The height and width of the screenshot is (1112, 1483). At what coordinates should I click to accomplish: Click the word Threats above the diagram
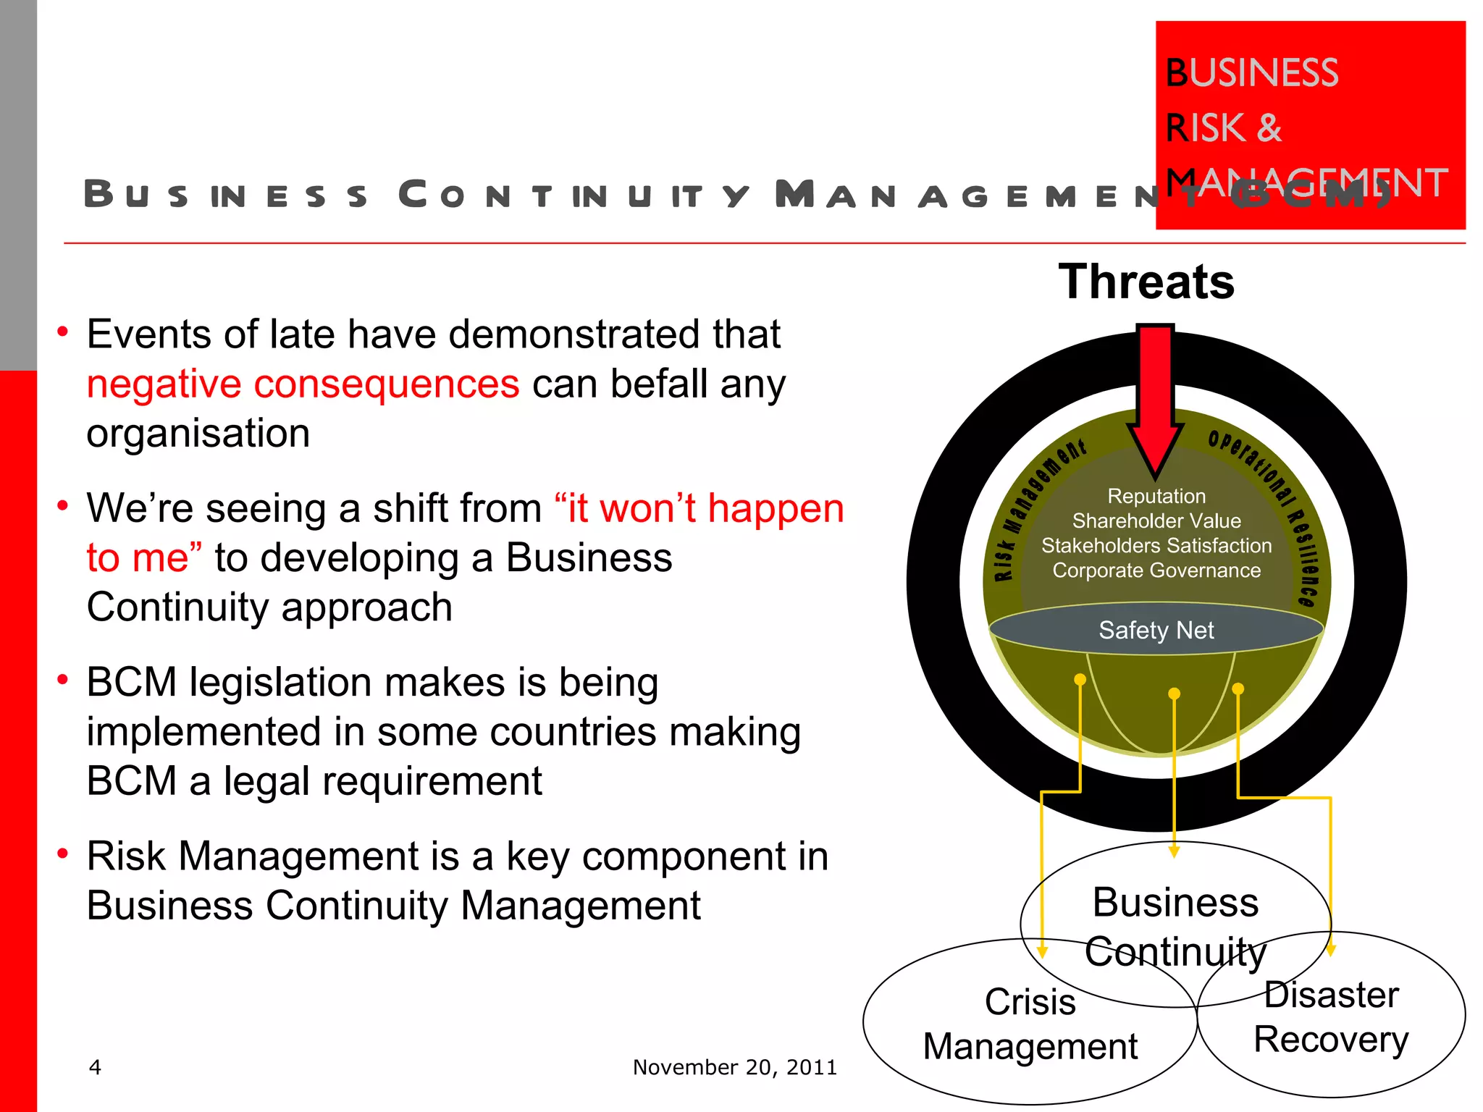(1146, 282)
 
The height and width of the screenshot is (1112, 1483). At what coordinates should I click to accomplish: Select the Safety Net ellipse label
(1156, 630)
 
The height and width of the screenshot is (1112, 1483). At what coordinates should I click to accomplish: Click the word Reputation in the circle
(1156, 496)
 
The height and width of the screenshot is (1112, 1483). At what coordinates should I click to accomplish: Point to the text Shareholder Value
(1156, 521)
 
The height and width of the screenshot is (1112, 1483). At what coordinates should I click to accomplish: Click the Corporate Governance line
(1156, 570)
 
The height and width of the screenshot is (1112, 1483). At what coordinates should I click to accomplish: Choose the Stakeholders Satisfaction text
(1156, 545)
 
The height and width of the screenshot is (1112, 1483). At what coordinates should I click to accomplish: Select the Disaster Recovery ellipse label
(1331, 1017)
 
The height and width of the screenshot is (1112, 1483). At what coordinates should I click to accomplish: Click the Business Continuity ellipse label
(1175, 927)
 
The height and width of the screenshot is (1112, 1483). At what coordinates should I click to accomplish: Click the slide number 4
(95, 1066)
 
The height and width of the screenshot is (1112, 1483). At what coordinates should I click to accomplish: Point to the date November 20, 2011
(734, 1067)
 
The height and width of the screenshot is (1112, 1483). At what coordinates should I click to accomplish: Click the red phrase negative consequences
(303, 384)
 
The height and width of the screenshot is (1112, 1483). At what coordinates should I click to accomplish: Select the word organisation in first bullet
(198, 433)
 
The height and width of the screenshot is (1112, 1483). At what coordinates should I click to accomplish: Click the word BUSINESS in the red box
(1252, 72)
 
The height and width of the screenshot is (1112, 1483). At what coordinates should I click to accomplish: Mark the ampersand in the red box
(1269, 127)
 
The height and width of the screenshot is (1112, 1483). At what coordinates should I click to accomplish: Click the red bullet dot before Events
(63, 332)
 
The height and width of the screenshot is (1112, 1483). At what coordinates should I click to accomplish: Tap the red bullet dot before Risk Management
(63, 854)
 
